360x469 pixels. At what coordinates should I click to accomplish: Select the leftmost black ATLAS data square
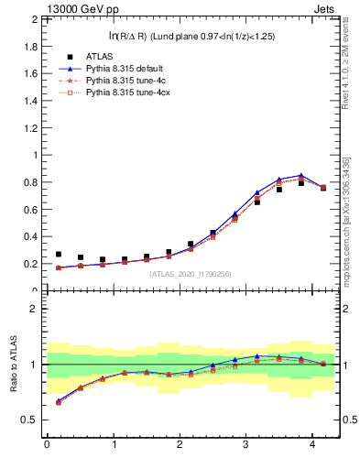(x=59, y=255)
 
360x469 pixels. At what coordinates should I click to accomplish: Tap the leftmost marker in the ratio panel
(x=59, y=401)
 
